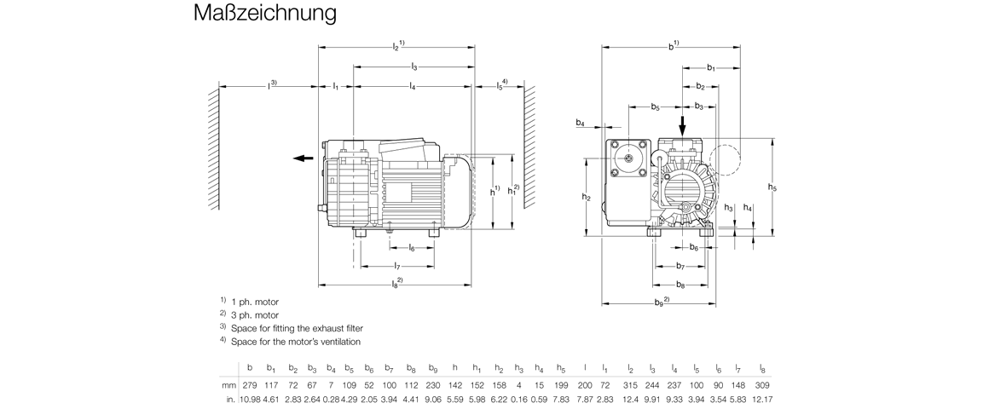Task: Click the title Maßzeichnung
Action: [x=264, y=14]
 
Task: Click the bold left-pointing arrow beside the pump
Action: [x=301, y=158]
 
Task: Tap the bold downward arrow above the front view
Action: [x=682, y=126]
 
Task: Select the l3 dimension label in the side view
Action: [x=414, y=66]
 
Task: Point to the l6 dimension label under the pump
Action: [x=412, y=248]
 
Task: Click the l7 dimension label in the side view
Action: [x=397, y=267]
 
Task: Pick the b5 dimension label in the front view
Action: [x=655, y=107]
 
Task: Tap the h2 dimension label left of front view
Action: [x=587, y=197]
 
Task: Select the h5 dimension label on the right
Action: [x=772, y=187]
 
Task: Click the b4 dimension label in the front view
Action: [x=581, y=124]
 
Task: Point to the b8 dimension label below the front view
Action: [x=680, y=285]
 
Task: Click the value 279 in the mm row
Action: [x=250, y=385]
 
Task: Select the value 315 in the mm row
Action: [x=631, y=385]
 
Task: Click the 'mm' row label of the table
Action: [x=228, y=385]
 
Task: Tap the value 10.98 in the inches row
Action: [x=248, y=399]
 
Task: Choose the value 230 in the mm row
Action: [x=433, y=385]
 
